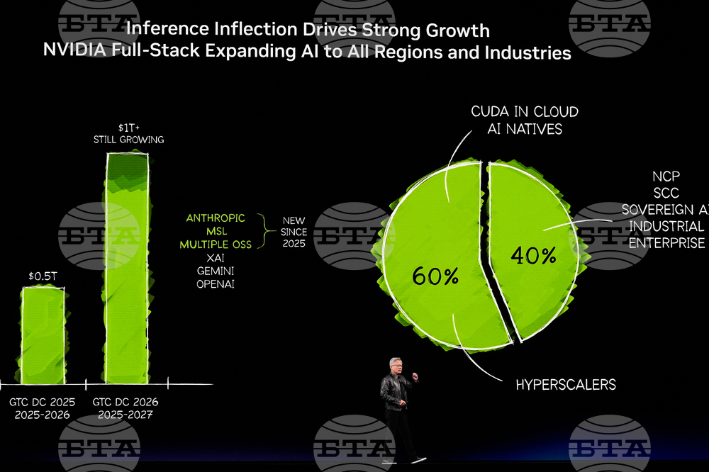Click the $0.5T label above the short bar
(43, 276)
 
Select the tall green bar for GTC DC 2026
(128, 269)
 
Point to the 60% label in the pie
(435, 276)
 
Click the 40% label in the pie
(533, 255)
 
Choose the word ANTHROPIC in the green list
(216, 218)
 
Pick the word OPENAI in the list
(216, 284)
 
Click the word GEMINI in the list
(216, 271)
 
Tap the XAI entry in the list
(216, 258)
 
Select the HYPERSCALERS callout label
(565, 385)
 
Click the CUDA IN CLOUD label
(525, 112)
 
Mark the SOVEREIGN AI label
(664, 210)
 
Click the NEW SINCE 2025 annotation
(294, 232)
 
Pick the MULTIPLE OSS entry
(216, 245)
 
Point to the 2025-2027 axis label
(126, 415)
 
